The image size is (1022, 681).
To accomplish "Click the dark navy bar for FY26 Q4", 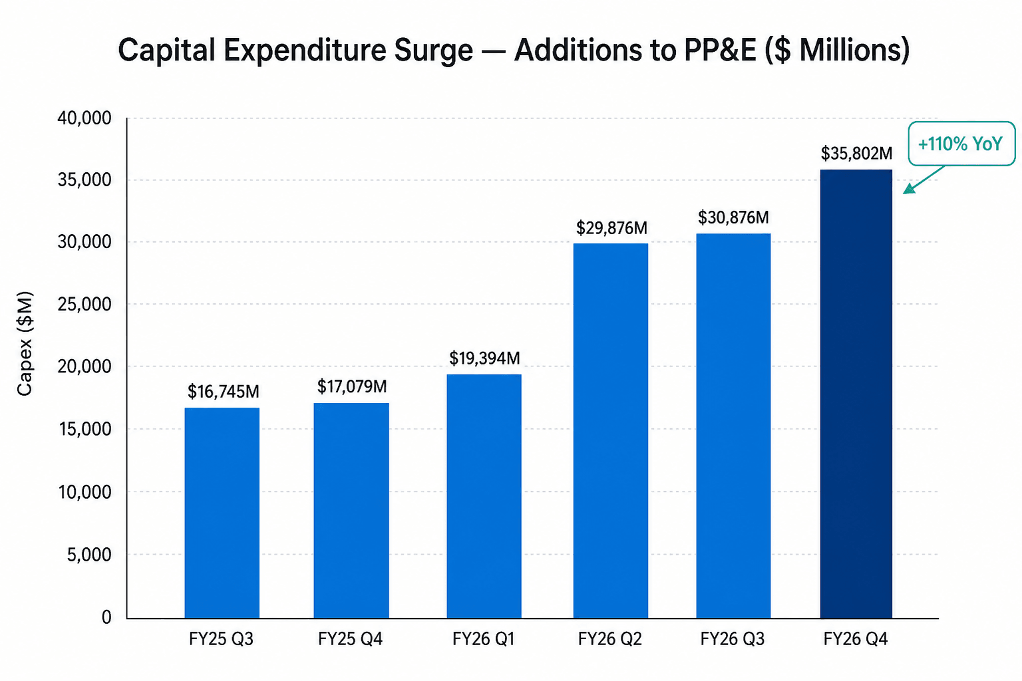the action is (x=856, y=394).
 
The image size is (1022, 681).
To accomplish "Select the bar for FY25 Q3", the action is (x=222, y=513).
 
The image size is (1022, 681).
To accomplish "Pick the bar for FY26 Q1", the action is (x=484, y=496).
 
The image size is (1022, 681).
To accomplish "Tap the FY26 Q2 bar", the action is (x=610, y=430).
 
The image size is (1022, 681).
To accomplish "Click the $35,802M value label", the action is (x=856, y=153).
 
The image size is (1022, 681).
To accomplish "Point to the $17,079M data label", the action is (x=352, y=386).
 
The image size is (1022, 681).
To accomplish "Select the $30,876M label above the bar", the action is (x=733, y=217).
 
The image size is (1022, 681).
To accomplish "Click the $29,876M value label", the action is (x=611, y=227).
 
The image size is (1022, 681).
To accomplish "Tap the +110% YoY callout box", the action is (x=961, y=144).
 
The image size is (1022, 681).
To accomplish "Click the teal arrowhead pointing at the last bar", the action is (x=909, y=189).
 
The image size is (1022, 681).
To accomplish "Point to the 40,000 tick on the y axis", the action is (x=85, y=118).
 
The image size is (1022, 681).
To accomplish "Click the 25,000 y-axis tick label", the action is (x=85, y=304).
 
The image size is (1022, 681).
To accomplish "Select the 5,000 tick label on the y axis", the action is (x=89, y=555).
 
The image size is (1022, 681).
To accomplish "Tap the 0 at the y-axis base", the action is (x=106, y=617).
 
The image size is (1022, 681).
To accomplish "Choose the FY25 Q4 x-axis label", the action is (x=350, y=639).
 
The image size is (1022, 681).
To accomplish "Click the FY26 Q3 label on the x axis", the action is (x=733, y=639).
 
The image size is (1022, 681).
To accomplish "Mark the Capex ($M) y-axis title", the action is (x=25, y=343).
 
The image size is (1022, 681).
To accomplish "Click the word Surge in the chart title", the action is (x=433, y=50).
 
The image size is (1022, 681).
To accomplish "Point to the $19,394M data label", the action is (x=484, y=358).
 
